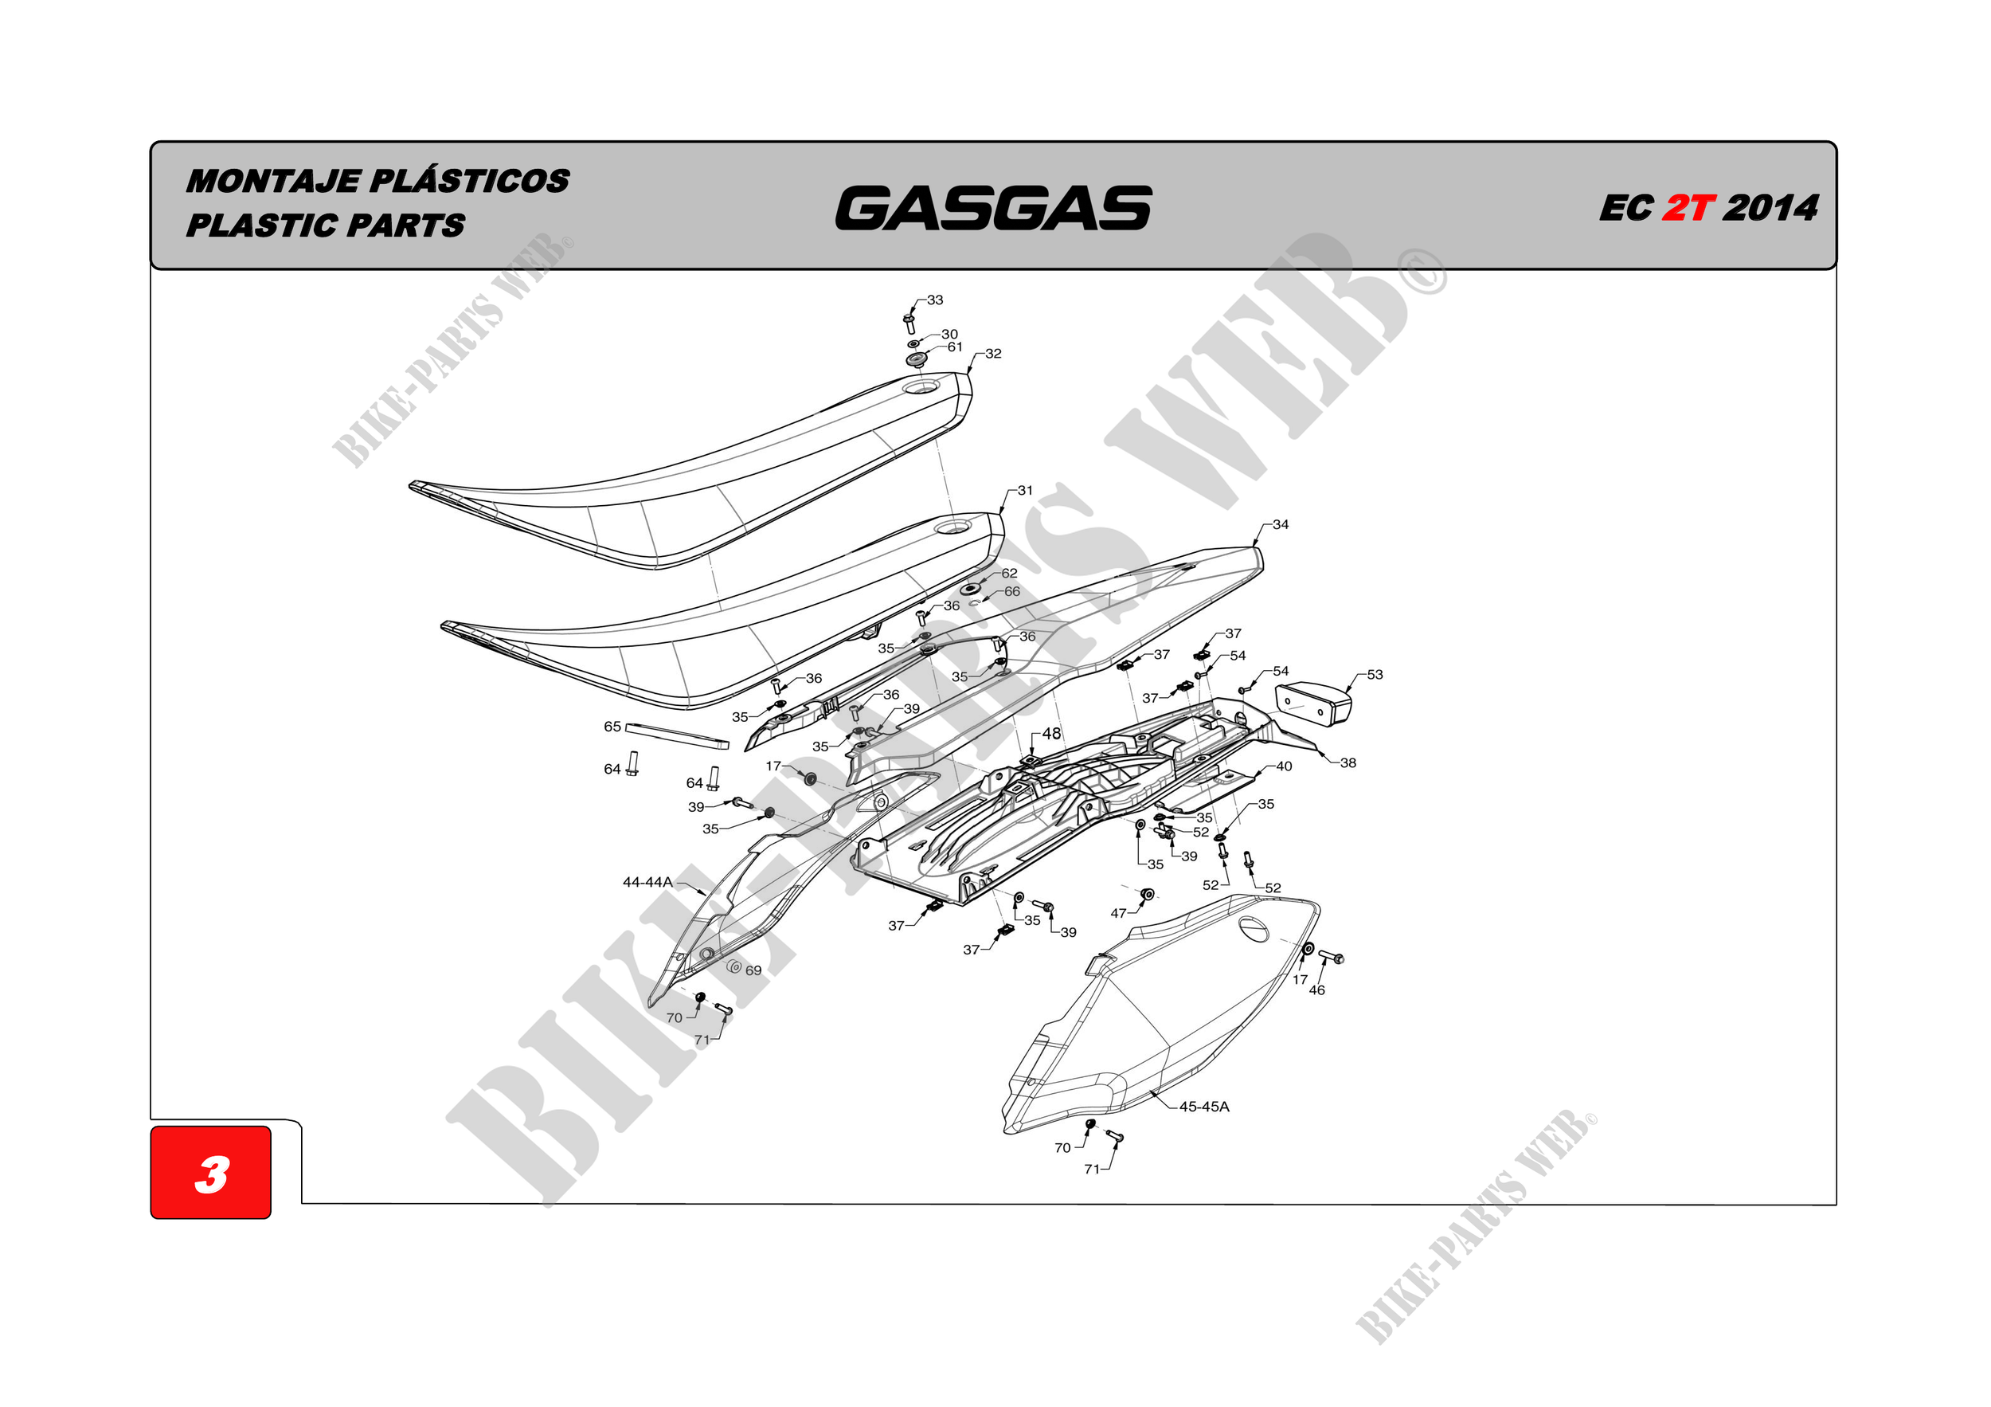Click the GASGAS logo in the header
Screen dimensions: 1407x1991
pos(993,208)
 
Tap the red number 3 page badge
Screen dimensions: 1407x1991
pos(211,1174)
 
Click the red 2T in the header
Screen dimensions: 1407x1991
pos(1688,208)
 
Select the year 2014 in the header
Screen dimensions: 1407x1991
pos(1770,208)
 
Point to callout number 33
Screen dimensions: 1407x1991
pos(935,300)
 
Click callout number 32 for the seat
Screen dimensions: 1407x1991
pos(993,354)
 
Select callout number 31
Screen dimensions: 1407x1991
pos(1025,491)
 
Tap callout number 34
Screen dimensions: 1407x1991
pos(1280,525)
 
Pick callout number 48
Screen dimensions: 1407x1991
pos(1051,734)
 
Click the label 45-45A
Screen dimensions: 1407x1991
pos(1203,1107)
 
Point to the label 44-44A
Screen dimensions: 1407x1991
pos(647,882)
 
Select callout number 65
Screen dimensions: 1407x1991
pos(612,727)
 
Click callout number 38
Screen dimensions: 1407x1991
pos(1348,763)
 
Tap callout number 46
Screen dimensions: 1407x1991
pos(1316,990)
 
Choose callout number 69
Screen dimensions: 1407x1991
pos(753,970)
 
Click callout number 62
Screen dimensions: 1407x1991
pos(1009,574)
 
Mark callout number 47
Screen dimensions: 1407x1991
pos(1119,913)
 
